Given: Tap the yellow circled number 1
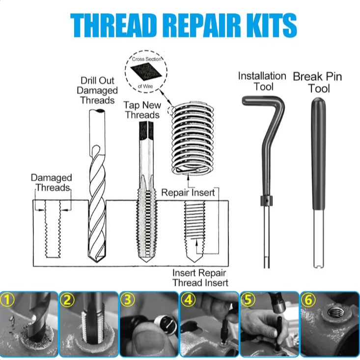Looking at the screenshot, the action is coord(7,300).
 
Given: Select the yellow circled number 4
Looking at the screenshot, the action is coord(188,300).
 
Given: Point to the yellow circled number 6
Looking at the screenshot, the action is coord(308,300).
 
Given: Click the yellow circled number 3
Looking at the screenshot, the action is coord(127,300).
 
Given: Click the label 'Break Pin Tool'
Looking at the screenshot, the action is coord(318,82).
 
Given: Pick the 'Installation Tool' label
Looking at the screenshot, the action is coord(262,81).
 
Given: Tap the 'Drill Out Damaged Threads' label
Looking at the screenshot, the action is coord(97,90).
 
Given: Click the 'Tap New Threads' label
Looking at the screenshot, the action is coord(142,110).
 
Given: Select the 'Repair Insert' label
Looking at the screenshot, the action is coord(188,193).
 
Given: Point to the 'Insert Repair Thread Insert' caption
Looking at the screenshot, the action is coord(200,278).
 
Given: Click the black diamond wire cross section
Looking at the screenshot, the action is coord(146,72).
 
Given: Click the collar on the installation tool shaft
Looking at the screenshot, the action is coord(266,201).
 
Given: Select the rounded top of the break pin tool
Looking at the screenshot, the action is coord(318,102).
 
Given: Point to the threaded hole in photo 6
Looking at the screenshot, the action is coord(335,312).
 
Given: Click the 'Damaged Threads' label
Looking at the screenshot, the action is coord(51,183).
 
